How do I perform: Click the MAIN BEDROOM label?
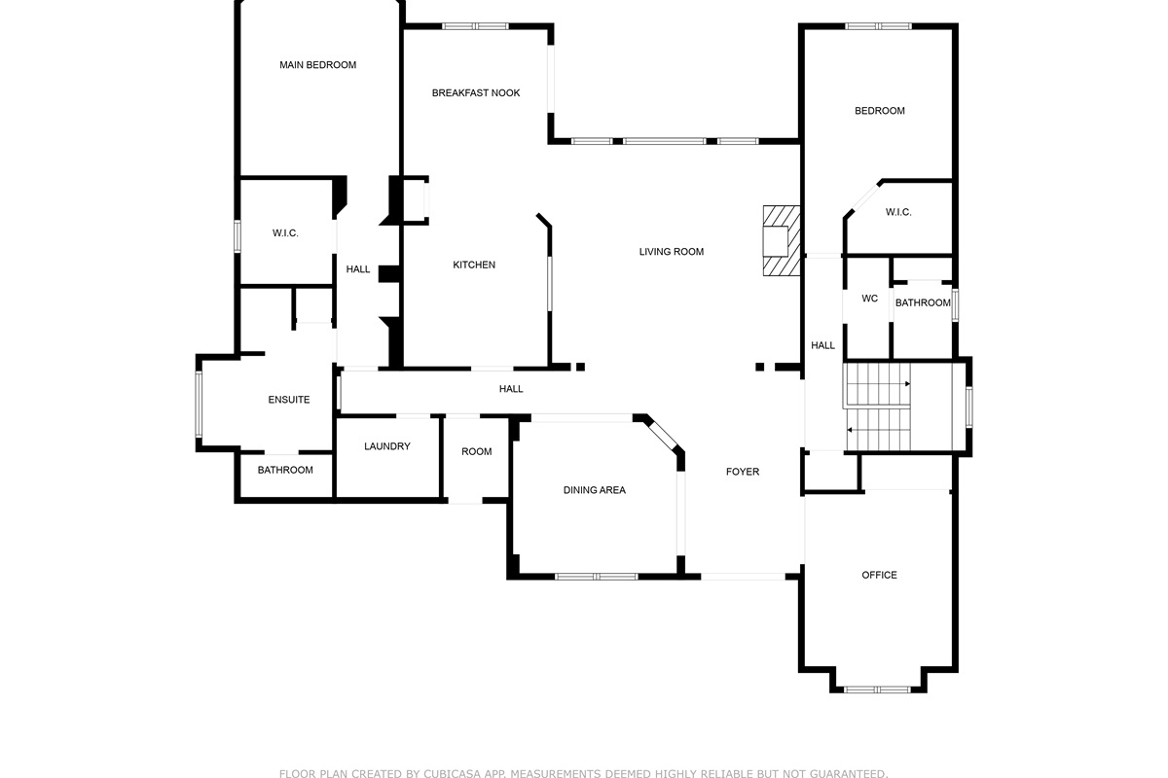pos(317,65)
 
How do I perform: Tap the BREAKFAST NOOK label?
pos(476,93)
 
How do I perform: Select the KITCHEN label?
pos(474,265)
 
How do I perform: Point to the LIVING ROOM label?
pos(671,252)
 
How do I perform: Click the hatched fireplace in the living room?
pos(781,241)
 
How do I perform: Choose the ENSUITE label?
pos(289,400)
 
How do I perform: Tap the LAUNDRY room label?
pos(387,446)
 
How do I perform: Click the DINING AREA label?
pos(595,490)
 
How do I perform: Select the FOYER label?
pos(743,472)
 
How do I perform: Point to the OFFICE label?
pos(879,576)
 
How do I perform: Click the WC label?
pos(870,299)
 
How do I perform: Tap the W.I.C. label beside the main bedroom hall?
pos(285,233)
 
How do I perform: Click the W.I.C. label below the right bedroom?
pos(898,213)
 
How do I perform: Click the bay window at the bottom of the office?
pos(878,690)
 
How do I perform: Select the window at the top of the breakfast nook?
pos(475,26)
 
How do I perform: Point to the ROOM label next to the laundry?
pos(477,452)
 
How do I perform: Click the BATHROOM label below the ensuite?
pos(285,470)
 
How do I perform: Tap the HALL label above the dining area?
pos(511,389)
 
